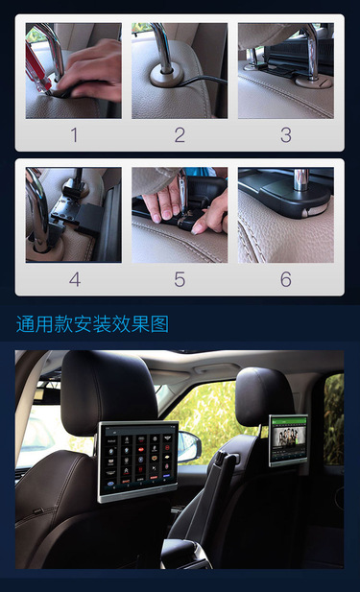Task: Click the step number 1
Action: tap(74, 135)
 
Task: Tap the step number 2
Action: tap(180, 135)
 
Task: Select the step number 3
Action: tap(286, 135)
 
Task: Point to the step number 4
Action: tap(75, 280)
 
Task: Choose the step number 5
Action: tap(180, 280)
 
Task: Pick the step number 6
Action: tap(286, 280)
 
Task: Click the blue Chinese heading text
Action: tap(92, 324)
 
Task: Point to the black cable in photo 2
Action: tap(204, 80)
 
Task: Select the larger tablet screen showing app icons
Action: tap(137, 462)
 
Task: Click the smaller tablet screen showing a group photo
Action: tap(288, 440)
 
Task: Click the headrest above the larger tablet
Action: tap(108, 391)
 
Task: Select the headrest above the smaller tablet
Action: tap(264, 396)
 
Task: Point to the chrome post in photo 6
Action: tap(301, 179)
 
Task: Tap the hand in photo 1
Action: tap(90, 72)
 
